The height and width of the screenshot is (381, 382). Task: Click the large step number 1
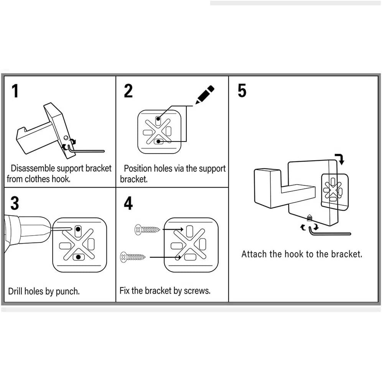point(15,91)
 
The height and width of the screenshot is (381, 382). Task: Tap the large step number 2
point(128,91)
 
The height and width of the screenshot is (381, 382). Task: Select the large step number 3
point(15,203)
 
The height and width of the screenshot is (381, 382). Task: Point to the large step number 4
point(128,203)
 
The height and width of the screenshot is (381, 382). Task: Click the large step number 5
point(242,91)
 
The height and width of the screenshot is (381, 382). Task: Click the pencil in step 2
point(205,94)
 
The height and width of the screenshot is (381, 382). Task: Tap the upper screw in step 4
point(147,230)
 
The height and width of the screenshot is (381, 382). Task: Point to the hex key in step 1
point(86,151)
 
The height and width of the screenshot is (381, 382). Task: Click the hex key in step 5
point(330,233)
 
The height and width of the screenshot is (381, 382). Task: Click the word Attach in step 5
point(253,254)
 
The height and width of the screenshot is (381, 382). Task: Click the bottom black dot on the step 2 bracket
point(158,142)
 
